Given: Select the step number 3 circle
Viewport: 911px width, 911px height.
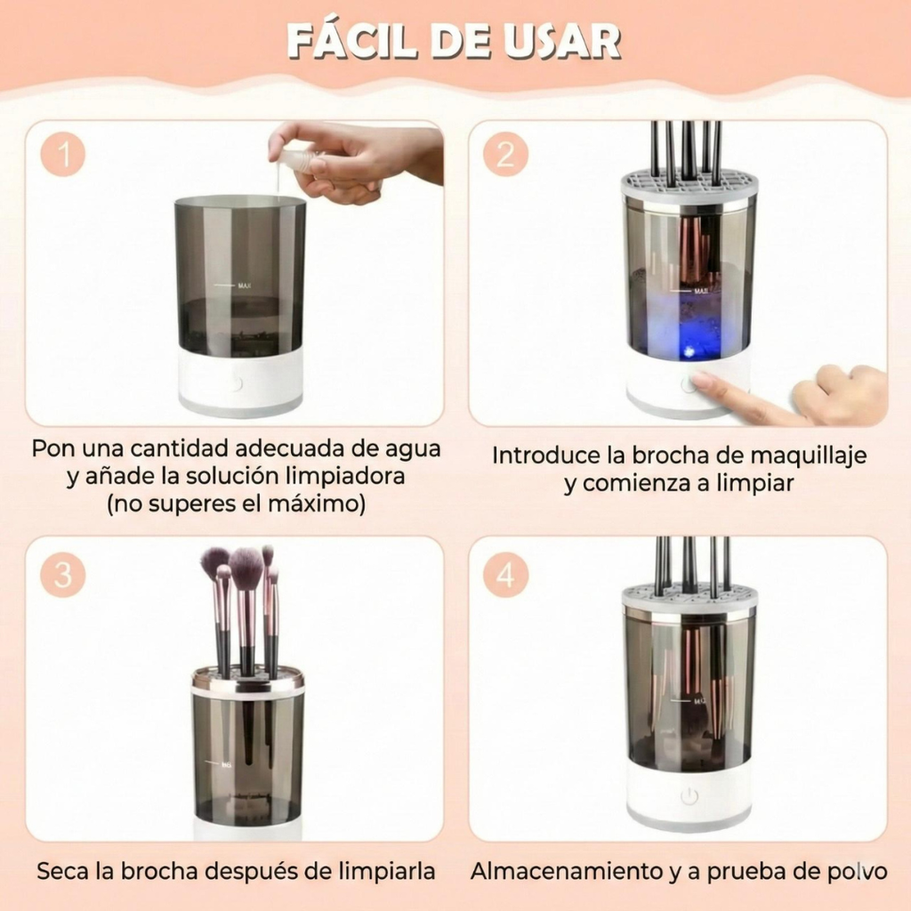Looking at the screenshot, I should [63, 576].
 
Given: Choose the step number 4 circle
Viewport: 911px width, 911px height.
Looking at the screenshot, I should [505, 576].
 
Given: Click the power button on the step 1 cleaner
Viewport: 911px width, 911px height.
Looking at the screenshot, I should [236, 384].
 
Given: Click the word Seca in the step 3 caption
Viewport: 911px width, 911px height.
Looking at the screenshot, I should [62, 871].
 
